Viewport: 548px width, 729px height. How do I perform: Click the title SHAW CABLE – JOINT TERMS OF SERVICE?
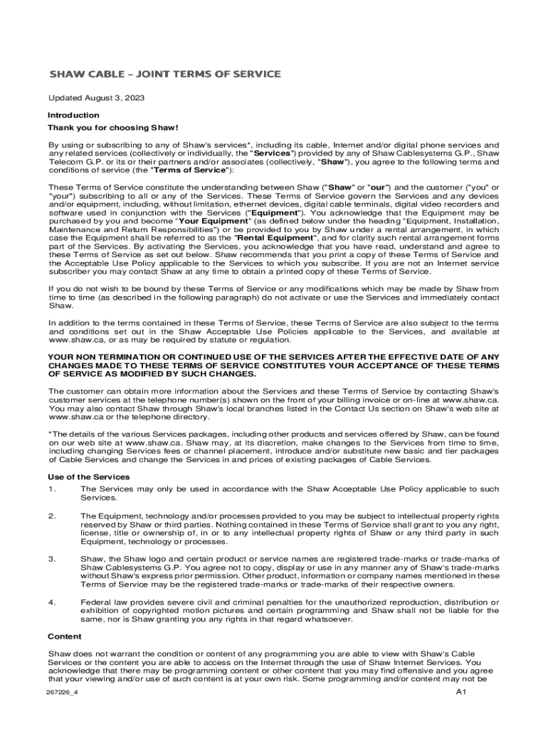coord(164,74)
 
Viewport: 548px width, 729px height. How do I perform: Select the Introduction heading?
coord(73,115)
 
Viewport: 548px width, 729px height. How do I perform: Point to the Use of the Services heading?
coord(88,476)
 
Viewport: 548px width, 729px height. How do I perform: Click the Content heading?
coord(65,636)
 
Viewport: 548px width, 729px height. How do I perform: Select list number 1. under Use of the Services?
coord(52,489)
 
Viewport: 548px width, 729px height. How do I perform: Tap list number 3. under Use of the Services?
coord(52,558)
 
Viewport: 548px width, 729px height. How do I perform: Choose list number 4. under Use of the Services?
coord(52,602)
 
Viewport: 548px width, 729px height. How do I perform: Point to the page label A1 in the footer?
coord(460,692)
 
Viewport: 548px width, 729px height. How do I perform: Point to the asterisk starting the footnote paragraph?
coord(50,433)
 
